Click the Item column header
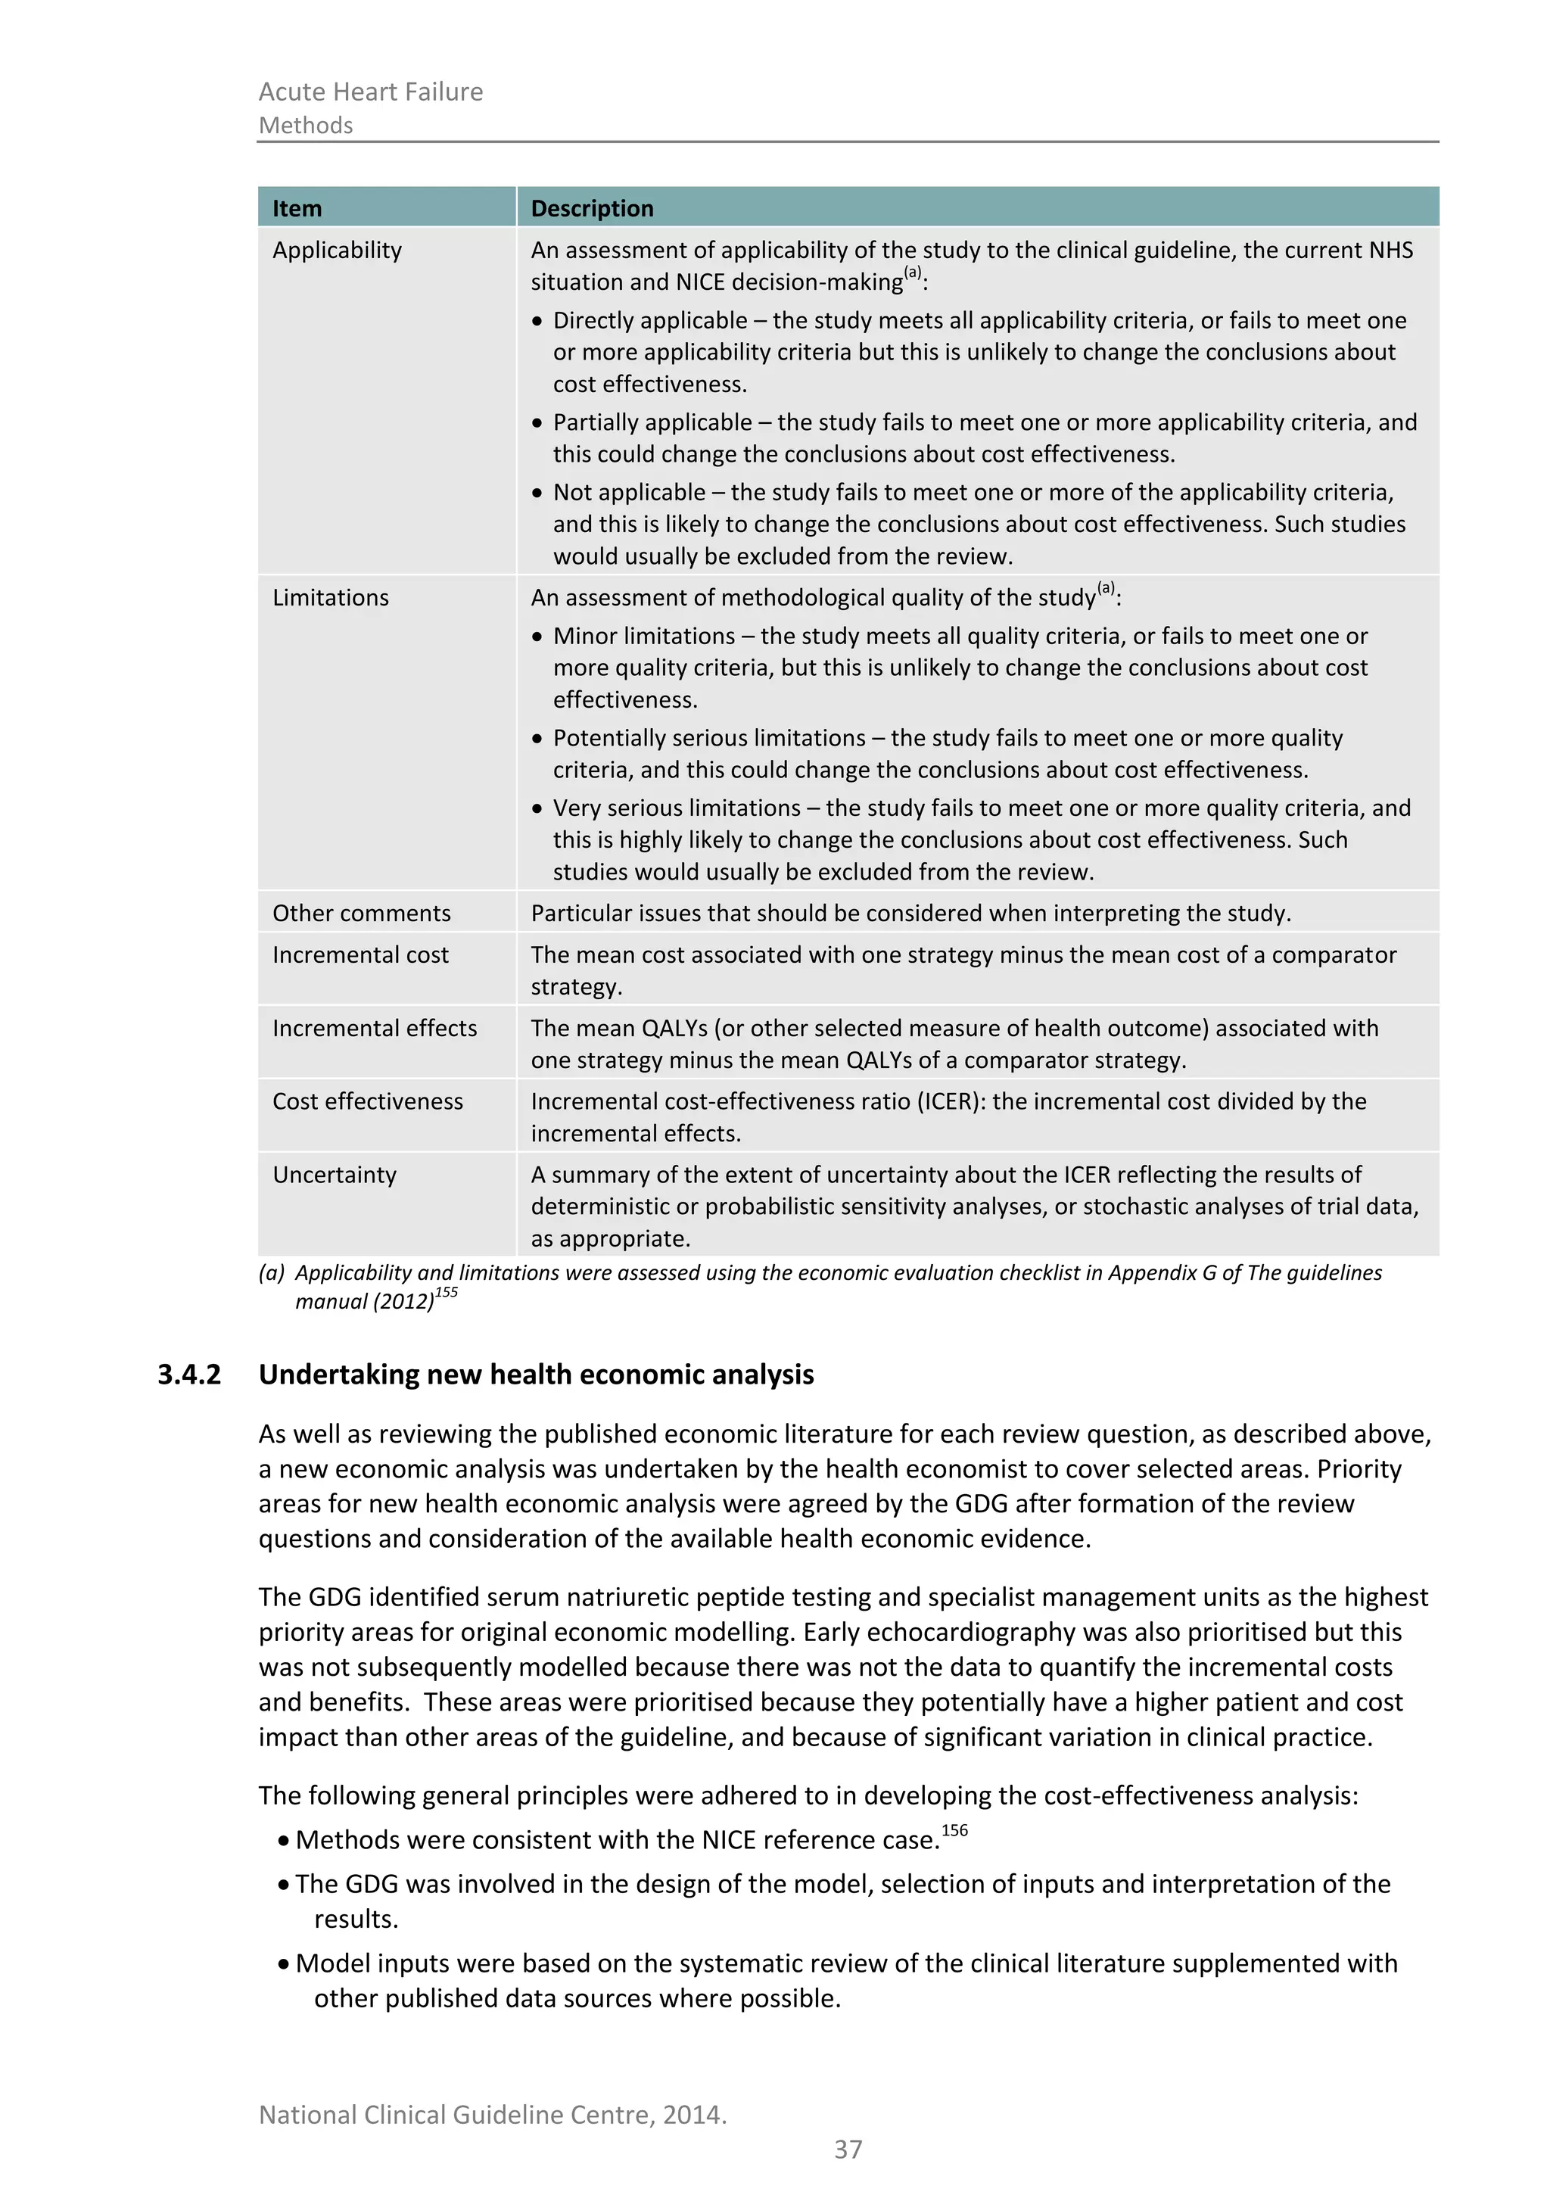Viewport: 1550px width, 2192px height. pos(297,208)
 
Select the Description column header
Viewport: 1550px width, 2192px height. pos(592,208)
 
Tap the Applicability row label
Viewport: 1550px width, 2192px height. pos(337,250)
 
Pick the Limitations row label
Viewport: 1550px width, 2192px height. pos(330,598)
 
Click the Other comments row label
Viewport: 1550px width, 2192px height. pos(361,913)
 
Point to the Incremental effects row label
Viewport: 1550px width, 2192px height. pos(374,1028)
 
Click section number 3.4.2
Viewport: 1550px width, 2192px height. pos(189,1375)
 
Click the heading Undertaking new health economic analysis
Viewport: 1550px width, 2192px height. pos(535,1375)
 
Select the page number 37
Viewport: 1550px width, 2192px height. pos(848,2150)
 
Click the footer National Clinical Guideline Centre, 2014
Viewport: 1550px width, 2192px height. pos(493,2115)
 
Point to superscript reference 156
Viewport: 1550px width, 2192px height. pos(954,1830)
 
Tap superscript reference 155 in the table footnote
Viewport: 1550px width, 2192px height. pos(446,1293)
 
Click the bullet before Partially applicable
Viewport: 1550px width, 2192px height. pos(537,423)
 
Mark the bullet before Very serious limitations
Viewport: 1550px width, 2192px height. pos(537,808)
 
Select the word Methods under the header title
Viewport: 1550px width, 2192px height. pos(306,125)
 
